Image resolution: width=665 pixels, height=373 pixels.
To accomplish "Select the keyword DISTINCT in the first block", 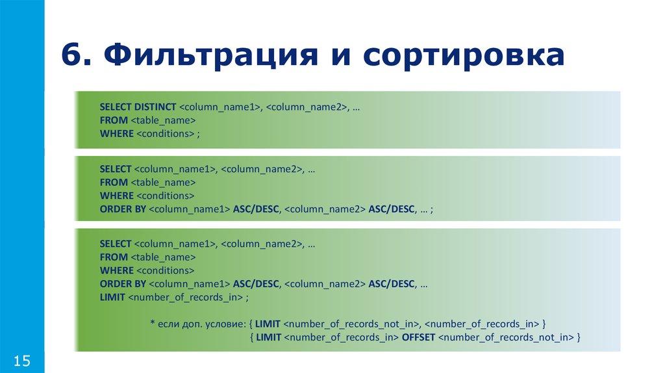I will point(155,107).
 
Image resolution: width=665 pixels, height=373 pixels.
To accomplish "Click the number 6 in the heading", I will point(71,55).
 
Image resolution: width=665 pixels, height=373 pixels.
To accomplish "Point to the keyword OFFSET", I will point(418,337).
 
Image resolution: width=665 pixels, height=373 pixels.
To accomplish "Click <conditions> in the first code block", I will point(165,134).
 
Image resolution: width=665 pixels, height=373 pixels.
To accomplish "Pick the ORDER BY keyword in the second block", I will point(123,209).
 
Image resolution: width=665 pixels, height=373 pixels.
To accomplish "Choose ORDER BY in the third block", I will point(123,284).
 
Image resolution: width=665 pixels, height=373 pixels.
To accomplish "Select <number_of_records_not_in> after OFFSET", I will point(506,337).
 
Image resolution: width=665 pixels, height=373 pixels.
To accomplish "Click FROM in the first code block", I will point(114,120).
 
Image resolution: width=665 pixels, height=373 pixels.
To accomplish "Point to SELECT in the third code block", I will point(116,244).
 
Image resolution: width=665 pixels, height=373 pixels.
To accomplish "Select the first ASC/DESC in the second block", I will point(256,209).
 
